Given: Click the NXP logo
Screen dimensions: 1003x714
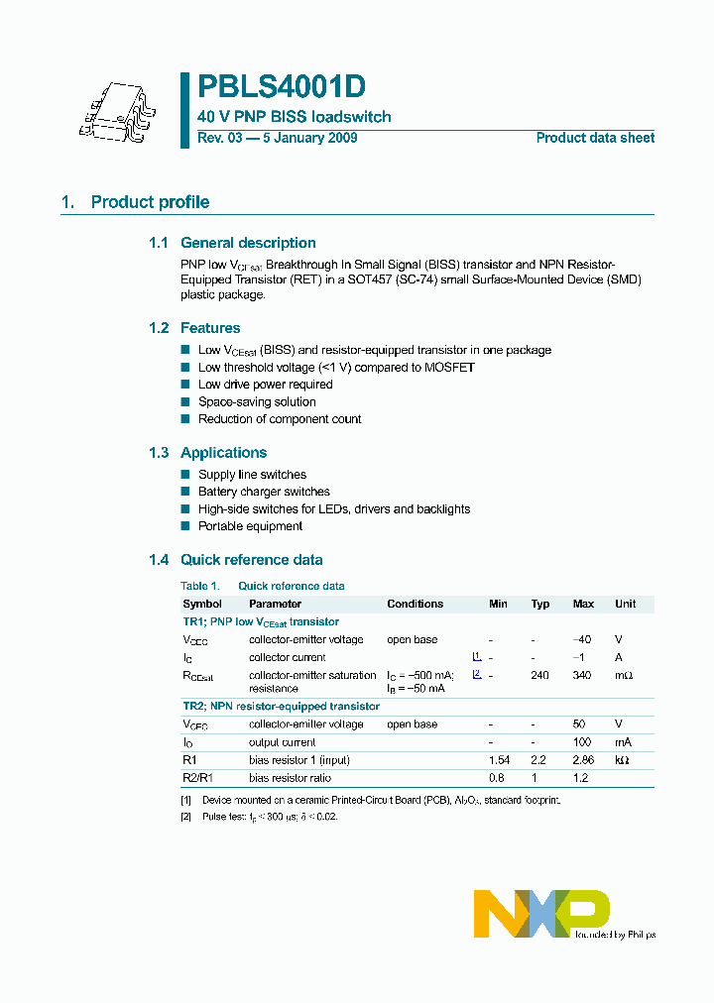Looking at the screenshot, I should (540, 913).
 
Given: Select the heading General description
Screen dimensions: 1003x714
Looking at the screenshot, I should (248, 243).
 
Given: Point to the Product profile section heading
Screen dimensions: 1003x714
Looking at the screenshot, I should (150, 202).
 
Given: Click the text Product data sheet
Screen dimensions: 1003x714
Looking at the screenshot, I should (595, 138).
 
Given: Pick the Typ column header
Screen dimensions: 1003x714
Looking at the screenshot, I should (540, 604).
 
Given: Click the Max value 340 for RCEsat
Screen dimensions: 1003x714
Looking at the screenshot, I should (582, 675).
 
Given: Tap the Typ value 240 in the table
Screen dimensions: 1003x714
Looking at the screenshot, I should (540, 675).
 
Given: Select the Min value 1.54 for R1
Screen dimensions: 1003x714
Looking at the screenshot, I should (498, 760).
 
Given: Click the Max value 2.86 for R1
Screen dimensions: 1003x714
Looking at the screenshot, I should (582, 760).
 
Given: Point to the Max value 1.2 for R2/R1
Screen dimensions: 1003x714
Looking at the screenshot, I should (582, 778).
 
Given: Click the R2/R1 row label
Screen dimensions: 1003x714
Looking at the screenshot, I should (197, 778).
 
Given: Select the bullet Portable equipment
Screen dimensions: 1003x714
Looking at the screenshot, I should (250, 526).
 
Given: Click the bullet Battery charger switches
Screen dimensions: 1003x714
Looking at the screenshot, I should (264, 492).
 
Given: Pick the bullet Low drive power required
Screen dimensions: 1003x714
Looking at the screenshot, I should (265, 385).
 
